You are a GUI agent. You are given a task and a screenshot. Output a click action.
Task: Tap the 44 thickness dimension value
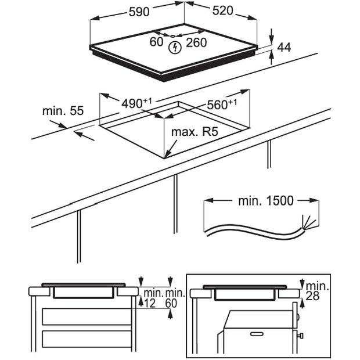pos(285,48)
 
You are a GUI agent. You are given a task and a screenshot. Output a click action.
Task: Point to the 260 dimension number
pos(197,42)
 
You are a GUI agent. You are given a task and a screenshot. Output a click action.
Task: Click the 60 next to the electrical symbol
pos(156,42)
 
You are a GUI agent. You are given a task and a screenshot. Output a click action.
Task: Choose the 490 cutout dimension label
pos(133,103)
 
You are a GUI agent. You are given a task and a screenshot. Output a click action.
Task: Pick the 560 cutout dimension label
pos(219,105)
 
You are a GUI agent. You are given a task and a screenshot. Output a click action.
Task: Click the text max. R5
pos(194,132)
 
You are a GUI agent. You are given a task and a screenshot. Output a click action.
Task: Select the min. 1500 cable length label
pos(266,201)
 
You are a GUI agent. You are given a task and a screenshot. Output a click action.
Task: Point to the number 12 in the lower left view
pos(150,303)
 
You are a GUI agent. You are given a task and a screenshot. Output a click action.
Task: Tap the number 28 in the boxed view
pos(314,296)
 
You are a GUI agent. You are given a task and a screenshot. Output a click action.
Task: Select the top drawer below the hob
pos(86,316)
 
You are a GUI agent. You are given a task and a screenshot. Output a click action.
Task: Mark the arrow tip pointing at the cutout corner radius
pos(165,157)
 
